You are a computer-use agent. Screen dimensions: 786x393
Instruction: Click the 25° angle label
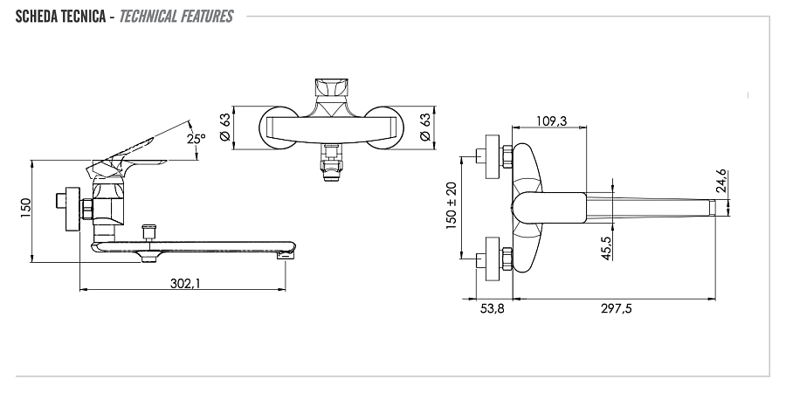196,138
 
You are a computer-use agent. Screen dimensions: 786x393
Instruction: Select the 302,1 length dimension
185,283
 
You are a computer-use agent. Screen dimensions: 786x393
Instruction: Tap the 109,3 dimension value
551,121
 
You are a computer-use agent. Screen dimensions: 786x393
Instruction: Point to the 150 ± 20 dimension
452,205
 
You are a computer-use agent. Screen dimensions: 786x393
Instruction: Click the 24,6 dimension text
720,181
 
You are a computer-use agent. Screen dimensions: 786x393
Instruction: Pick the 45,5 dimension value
607,248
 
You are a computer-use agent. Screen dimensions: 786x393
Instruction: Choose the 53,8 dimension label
493,309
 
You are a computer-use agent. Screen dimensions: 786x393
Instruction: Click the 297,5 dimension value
616,309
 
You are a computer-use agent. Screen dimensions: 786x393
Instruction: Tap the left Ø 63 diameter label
225,127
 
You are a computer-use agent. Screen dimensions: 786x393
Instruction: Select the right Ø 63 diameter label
425,127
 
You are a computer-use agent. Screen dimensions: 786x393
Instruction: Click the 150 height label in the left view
25,208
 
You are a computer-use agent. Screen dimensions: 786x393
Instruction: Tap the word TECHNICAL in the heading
148,17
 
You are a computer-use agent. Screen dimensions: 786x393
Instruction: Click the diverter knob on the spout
148,232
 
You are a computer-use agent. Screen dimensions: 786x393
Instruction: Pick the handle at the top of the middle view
330,88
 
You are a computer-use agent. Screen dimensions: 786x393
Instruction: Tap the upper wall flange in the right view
493,156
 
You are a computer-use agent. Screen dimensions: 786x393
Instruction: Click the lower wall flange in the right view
493,259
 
